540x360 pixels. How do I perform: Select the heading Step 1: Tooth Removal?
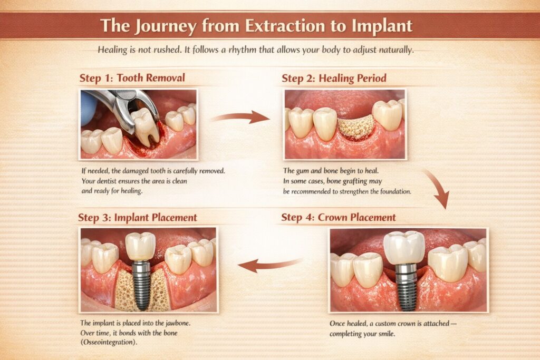[x=132, y=78]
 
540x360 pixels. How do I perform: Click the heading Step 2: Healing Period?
[x=334, y=78]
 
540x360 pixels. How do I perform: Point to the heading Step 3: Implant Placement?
[x=138, y=217]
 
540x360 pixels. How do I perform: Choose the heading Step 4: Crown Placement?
[x=339, y=217]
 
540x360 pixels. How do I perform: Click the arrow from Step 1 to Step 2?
[x=240, y=117]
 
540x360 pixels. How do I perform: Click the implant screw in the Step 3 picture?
[x=141, y=285]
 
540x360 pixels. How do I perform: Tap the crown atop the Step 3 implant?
[x=140, y=246]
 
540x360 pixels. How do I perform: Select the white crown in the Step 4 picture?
[x=404, y=247]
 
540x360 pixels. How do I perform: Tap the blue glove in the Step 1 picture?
[x=88, y=108]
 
